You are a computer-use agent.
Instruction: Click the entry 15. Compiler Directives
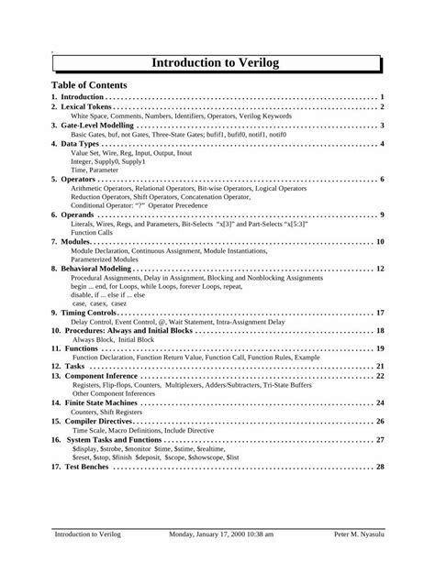point(95,421)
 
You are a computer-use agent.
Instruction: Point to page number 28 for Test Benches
point(379,466)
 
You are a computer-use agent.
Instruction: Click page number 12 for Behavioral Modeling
point(379,269)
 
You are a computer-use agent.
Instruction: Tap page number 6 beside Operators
point(381,180)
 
